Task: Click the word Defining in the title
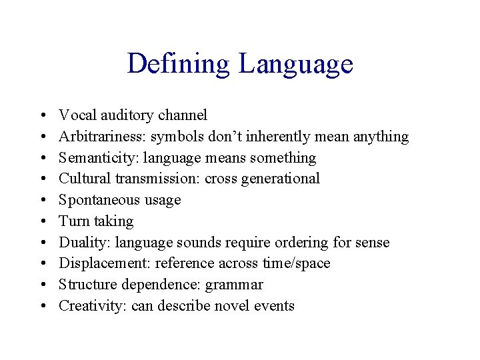pos(178,64)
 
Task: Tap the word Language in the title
pos(295,64)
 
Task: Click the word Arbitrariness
pos(102,137)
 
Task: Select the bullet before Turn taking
pos(42,221)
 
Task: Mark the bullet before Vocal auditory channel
pos(42,115)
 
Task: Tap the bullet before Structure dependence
pos(42,285)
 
